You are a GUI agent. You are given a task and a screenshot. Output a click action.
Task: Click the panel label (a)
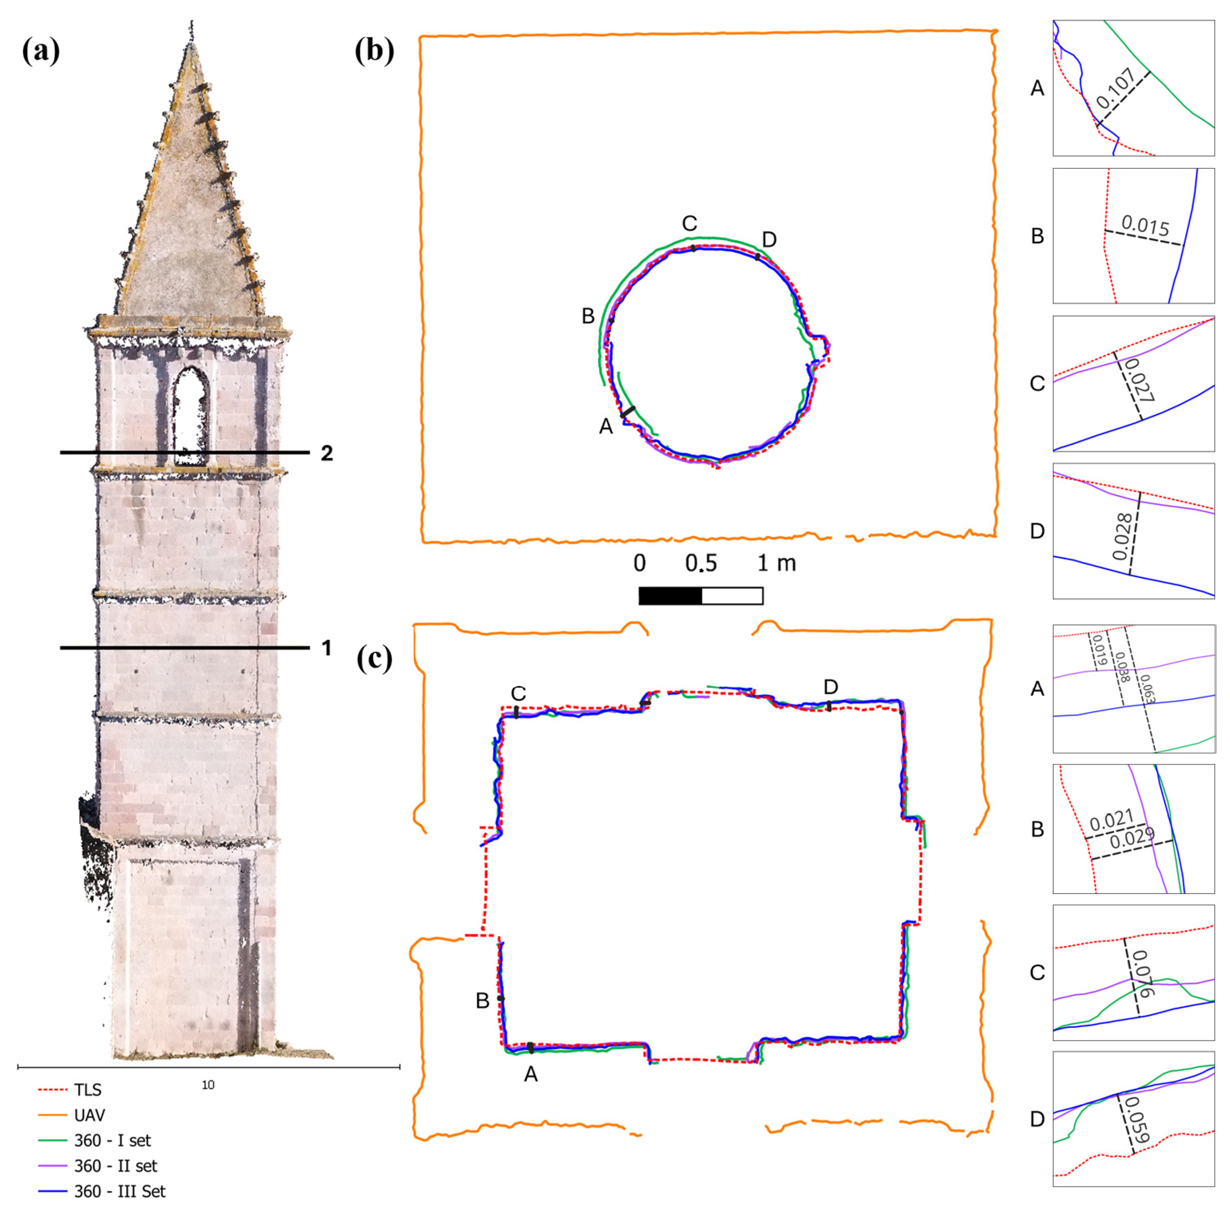point(41,51)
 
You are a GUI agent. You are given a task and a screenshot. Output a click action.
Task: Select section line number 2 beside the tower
point(327,453)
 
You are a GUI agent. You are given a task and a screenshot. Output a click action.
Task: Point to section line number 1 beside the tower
point(327,648)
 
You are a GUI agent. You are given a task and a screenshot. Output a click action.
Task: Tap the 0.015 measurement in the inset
point(1145,226)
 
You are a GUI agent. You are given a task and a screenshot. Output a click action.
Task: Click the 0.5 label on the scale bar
point(700,563)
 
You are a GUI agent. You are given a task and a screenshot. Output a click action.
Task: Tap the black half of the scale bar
point(670,595)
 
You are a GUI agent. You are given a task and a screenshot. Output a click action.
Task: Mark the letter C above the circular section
point(689,224)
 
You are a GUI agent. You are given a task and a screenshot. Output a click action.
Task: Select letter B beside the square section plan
point(483,1001)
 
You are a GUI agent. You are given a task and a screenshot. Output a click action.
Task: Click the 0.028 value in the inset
point(1123,537)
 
